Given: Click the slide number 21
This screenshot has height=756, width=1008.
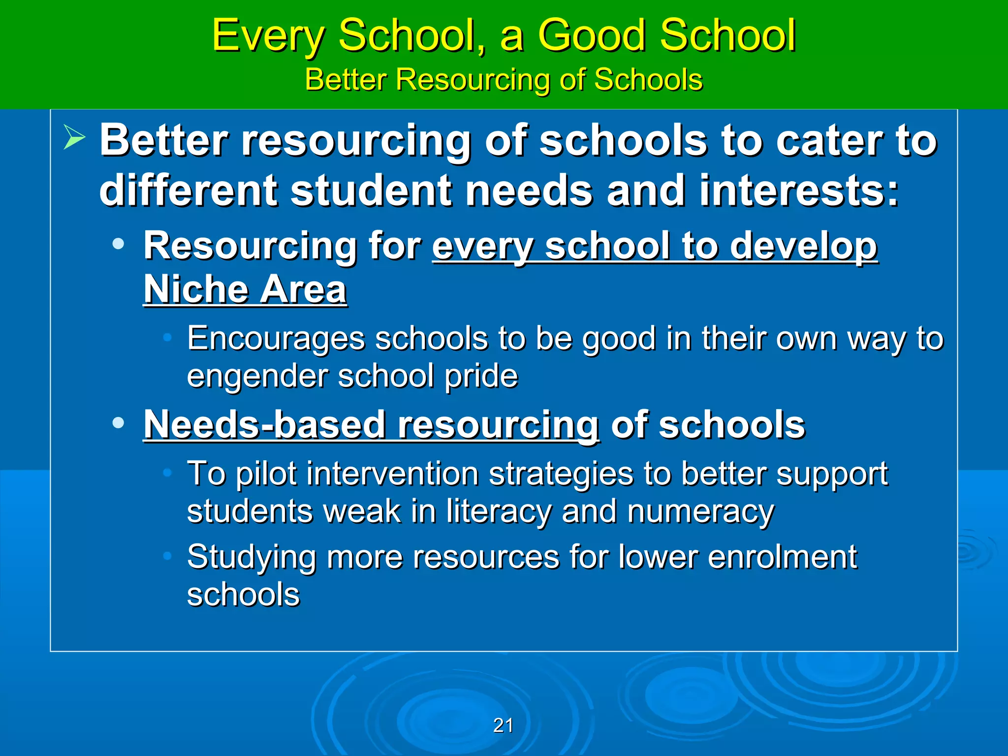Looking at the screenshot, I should (x=503, y=725).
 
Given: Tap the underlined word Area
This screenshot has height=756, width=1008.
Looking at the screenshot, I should (x=303, y=289).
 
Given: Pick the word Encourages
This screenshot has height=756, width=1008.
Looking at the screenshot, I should (x=276, y=340).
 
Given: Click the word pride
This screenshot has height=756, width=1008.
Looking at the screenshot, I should (x=481, y=377).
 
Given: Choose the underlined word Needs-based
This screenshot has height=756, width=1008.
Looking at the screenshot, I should (x=264, y=425).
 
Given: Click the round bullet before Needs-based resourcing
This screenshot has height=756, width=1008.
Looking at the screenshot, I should (x=118, y=423).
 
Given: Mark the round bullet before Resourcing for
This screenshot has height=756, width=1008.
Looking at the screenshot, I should (x=118, y=244).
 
